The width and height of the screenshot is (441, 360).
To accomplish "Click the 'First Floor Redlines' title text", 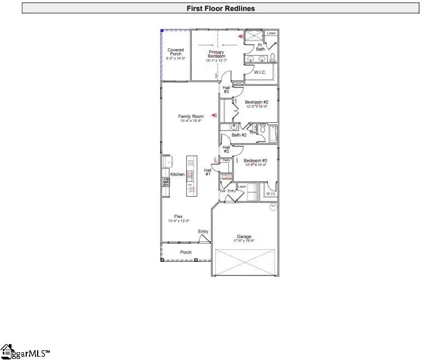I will (x=220, y=8).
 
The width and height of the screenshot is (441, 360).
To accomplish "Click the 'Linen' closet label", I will (x=272, y=33).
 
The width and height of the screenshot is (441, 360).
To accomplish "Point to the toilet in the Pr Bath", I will (x=272, y=56).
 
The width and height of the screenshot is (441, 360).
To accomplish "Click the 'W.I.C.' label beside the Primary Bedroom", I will (x=260, y=72).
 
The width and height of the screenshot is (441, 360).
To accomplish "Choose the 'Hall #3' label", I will (x=226, y=89).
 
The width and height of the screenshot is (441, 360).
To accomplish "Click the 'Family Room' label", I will (x=191, y=117).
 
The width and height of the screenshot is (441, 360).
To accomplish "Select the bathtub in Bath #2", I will (x=270, y=132).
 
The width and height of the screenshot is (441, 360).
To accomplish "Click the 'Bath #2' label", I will (x=239, y=135).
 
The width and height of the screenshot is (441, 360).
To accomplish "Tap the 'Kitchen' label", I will (x=178, y=174).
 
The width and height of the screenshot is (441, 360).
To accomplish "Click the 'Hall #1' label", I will (x=208, y=172).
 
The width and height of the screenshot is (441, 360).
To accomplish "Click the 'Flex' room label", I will (x=178, y=217).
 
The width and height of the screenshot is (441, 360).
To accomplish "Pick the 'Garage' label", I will (x=244, y=237).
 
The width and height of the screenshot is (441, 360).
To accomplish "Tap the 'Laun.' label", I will (x=242, y=187).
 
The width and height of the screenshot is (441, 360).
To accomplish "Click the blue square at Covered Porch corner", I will (x=162, y=31).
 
